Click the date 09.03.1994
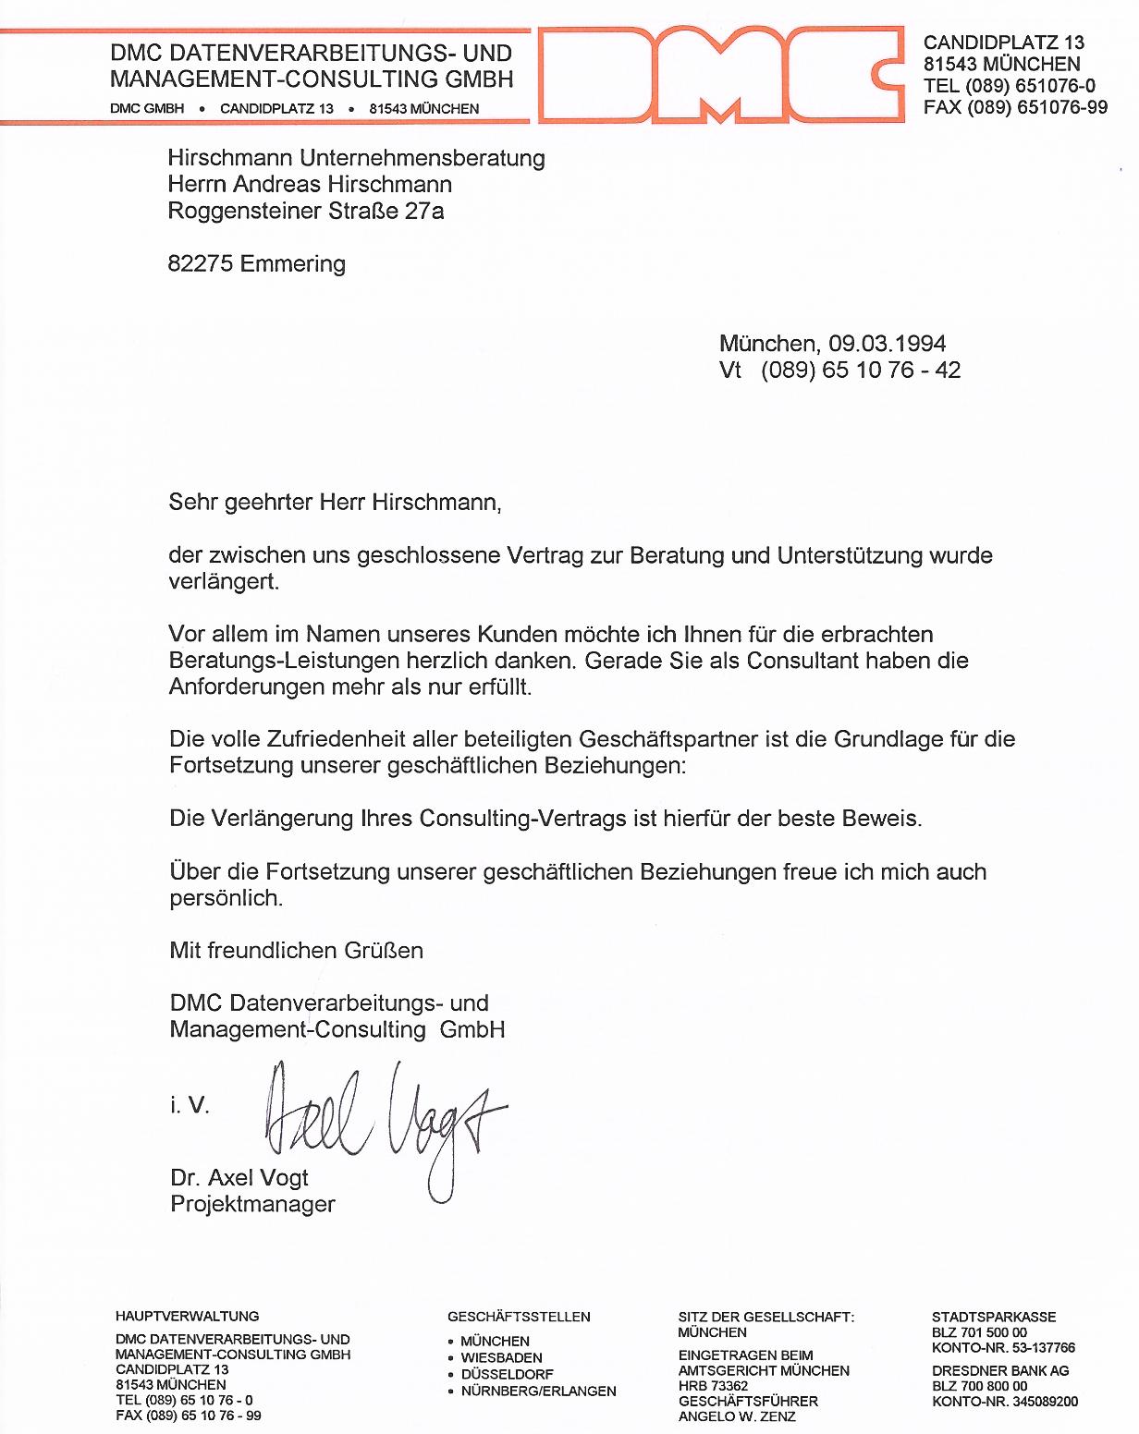(x=887, y=344)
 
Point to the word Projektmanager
(x=252, y=1205)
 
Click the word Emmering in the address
(x=293, y=264)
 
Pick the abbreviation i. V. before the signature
(x=190, y=1105)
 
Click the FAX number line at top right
(x=1015, y=107)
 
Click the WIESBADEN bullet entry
(x=501, y=1358)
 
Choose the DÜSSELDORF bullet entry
(x=507, y=1375)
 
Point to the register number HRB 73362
(x=713, y=1386)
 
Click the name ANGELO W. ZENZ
(x=737, y=1416)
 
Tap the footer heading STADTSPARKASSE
(x=994, y=1317)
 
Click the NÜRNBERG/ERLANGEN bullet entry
(x=538, y=1391)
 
